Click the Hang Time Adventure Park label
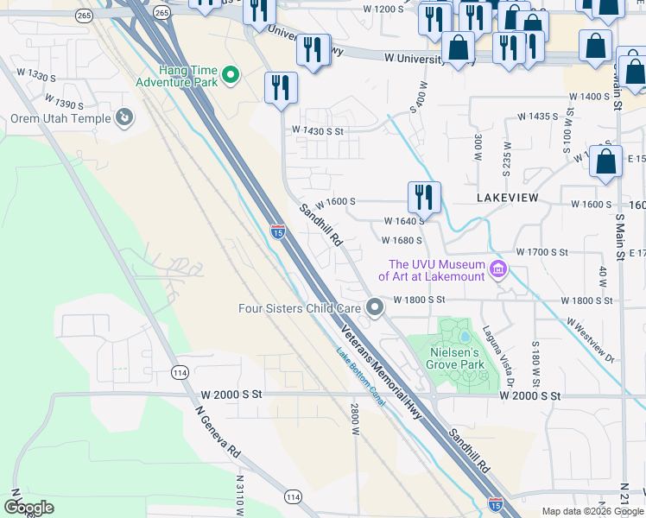coord(175,75)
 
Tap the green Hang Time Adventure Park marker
coord(231,76)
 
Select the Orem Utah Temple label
coord(60,119)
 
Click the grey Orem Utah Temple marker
coord(124,116)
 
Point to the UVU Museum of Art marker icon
coord(497,270)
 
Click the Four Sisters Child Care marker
coord(374,307)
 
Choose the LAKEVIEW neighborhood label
coord(508,198)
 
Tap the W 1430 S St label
coord(318,130)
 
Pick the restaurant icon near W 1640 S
coord(424,197)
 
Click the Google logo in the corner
coord(29,507)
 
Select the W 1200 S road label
coord(383,9)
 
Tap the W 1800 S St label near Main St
coord(588,300)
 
